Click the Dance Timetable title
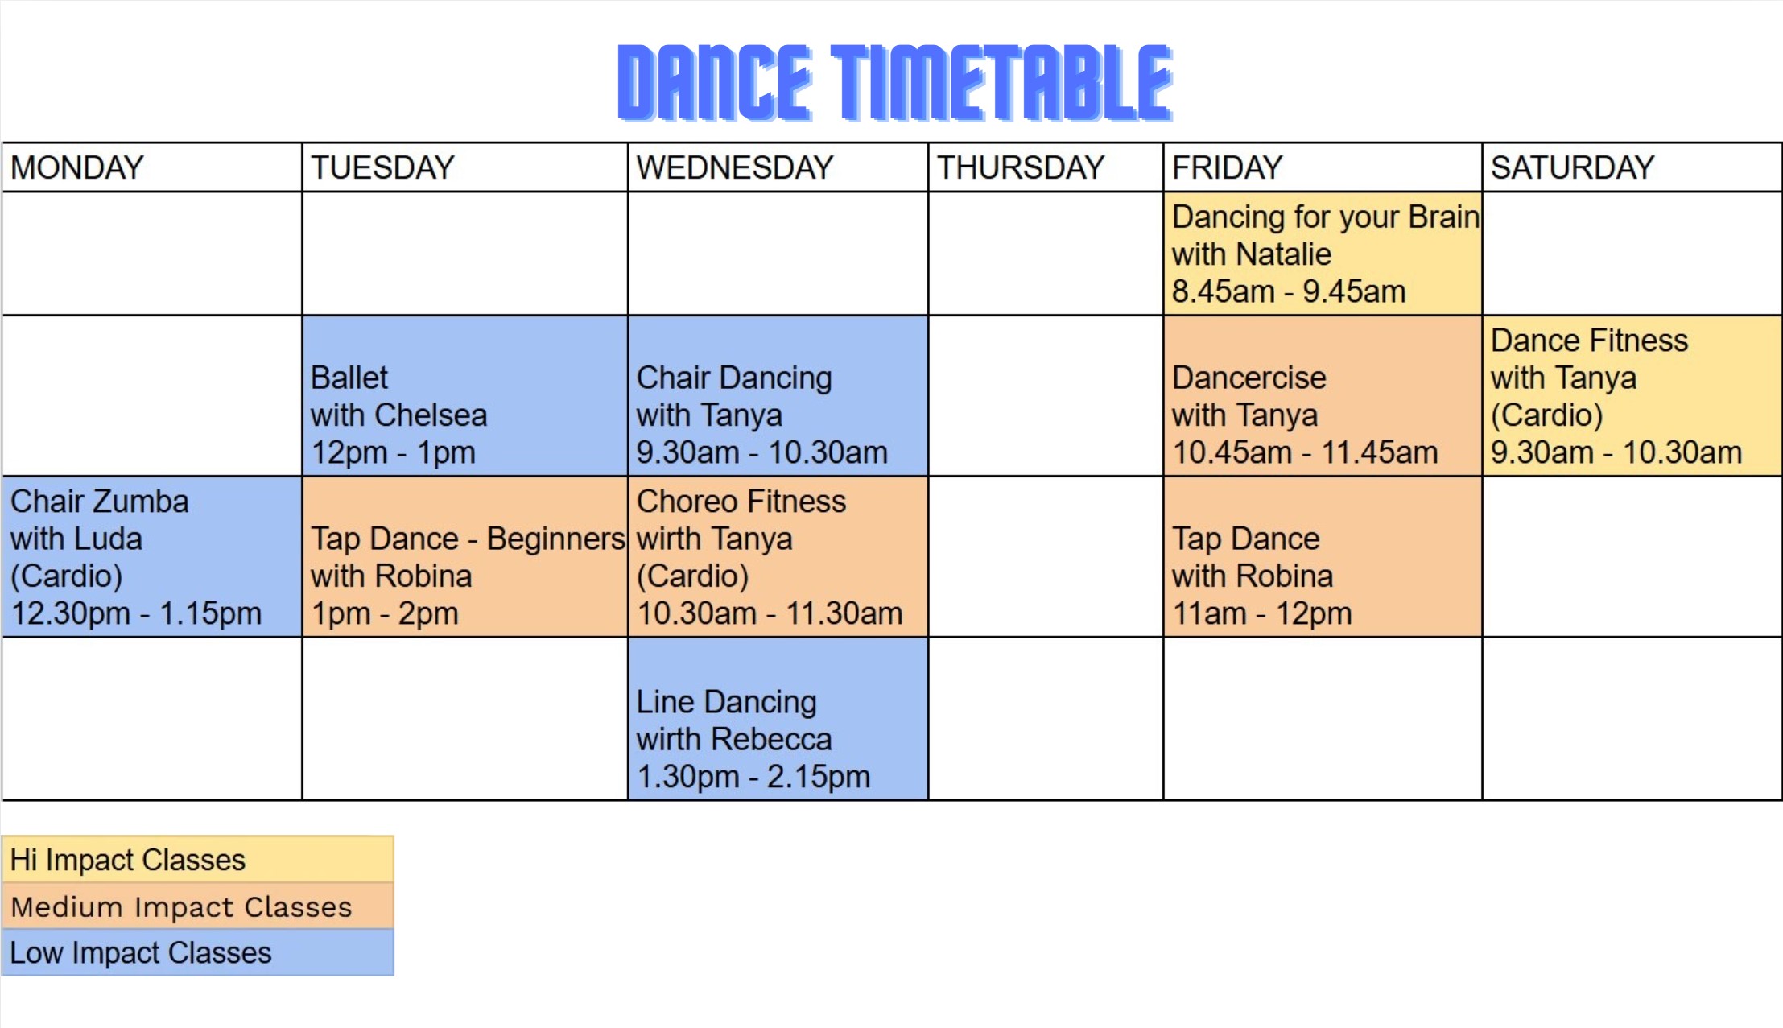click(x=895, y=83)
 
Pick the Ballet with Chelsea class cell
click(x=464, y=395)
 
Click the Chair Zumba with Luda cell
click(x=152, y=556)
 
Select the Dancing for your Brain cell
click(x=1322, y=254)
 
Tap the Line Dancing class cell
click(x=778, y=719)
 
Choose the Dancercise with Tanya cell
click(x=1322, y=395)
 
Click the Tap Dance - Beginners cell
click(x=464, y=556)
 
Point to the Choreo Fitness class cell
click(x=778, y=556)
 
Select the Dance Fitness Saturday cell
click(x=1632, y=395)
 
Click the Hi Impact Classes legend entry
click(x=198, y=859)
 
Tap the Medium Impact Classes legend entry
click(x=198, y=906)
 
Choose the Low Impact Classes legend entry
click(x=198, y=953)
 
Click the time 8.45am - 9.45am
click(x=1289, y=291)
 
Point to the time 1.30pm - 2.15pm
click(x=753, y=777)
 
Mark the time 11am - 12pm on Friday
click(x=1262, y=613)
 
